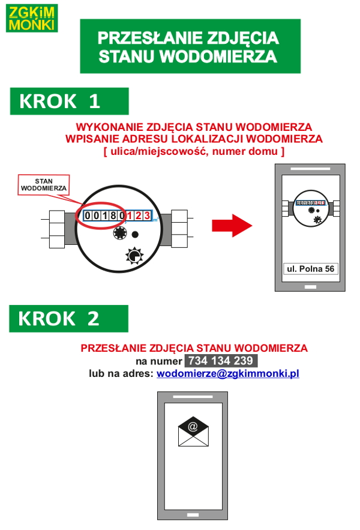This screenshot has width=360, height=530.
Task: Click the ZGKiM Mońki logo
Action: click(32, 17)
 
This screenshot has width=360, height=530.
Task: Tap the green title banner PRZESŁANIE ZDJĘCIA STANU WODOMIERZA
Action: click(190, 46)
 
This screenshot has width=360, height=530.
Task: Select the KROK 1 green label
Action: click(68, 101)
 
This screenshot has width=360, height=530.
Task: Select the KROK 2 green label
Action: click(68, 318)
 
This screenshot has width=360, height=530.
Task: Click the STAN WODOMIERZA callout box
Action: click(44, 184)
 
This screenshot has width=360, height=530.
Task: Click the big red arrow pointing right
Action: click(231, 226)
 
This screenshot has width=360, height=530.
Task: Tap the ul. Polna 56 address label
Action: click(310, 268)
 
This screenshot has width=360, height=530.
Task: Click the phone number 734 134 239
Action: click(220, 361)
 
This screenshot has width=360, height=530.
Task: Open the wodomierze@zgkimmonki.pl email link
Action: click(228, 373)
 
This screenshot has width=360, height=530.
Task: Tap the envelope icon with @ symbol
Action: click(193, 432)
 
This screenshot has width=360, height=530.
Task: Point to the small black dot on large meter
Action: click(135, 235)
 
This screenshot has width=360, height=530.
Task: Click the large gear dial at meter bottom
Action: click(134, 256)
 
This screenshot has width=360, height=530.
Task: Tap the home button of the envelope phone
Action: click(192, 515)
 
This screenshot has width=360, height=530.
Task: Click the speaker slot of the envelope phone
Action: click(192, 397)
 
